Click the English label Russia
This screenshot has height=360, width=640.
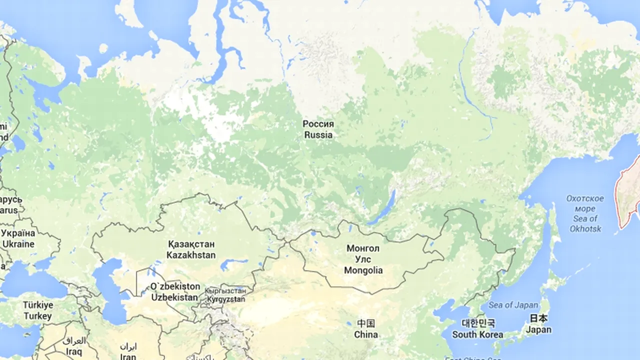click(x=318, y=134)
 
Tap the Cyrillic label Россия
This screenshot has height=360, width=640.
click(x=318, y=123)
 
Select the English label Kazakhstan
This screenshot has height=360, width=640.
click(x=191, y=255)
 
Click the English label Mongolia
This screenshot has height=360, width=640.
click(x=363, y=270)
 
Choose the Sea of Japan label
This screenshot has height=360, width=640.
click(x=513, y=305)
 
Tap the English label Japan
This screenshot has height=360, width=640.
click(x=538, y=329)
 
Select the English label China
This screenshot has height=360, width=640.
click(x=365, y=334)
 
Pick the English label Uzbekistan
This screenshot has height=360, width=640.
click(x=174, y=297)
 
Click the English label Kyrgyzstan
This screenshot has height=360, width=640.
click(x=225, y=299)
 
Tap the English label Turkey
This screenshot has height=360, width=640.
click(x=37, y=316)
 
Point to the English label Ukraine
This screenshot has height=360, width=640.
click(x=18, y=244)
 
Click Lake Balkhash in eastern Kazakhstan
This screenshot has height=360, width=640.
click(x=234, y=263)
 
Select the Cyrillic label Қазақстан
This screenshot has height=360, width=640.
click(x=191, y=244)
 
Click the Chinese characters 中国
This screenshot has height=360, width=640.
click(x=365, y=323)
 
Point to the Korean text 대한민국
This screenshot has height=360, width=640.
click(x=477, y=323)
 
